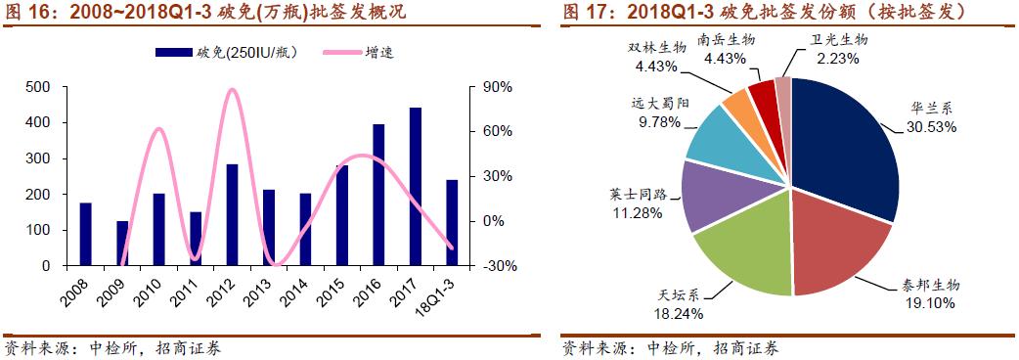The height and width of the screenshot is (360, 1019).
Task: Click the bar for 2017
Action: pos(415,186)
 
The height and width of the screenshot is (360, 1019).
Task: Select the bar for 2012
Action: pos(232,214)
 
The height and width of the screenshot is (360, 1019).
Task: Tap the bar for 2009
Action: pos(122,243)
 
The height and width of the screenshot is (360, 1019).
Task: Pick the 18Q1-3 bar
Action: pos(451,222)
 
